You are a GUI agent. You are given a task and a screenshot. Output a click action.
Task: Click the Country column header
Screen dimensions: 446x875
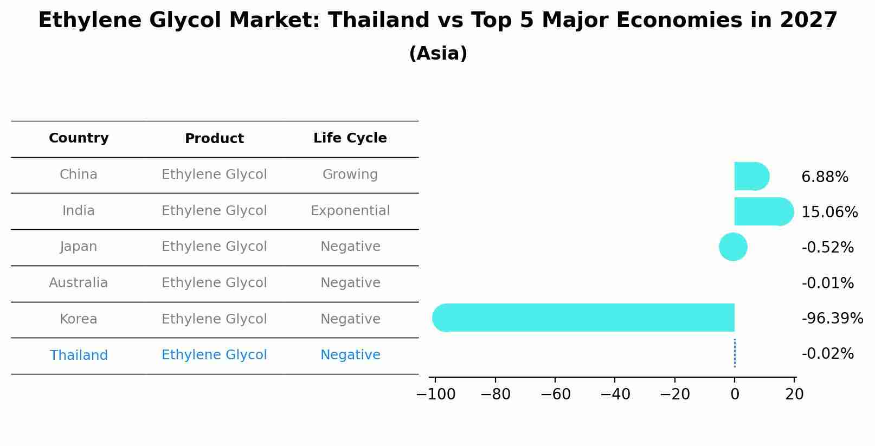coord(79,138)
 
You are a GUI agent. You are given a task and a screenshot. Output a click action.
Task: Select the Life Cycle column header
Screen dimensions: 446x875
coord(350,138)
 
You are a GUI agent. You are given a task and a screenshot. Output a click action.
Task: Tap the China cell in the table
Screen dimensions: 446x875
coord(79,174)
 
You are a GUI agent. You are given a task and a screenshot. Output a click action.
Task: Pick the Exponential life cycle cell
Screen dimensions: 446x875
coord(350,211)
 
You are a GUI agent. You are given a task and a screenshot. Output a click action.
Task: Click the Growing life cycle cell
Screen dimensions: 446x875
coord(350,174)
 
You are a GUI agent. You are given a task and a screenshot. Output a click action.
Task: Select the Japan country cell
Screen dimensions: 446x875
coord(79,247)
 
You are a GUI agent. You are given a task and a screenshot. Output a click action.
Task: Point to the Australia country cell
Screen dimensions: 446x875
coord(79,283)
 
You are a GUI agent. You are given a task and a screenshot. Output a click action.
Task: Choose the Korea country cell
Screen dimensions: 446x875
coord(79,319)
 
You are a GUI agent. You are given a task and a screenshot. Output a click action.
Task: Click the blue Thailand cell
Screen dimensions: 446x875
coord(79,355)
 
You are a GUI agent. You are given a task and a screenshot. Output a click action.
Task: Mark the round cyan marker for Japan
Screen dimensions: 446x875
coord(733,247)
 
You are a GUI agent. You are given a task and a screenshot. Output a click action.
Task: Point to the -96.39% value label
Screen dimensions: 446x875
coord(832,319)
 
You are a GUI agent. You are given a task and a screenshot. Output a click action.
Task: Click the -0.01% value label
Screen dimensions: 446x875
coord(827,283)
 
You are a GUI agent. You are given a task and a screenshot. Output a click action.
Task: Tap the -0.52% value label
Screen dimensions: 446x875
coord(827,248)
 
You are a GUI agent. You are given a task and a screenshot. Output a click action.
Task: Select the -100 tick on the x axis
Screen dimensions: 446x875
coord(435,395)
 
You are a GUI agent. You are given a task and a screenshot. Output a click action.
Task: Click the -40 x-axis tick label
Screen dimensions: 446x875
coord(615,395)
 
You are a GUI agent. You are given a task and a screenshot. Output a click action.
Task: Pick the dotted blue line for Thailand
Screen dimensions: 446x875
coord(735,353)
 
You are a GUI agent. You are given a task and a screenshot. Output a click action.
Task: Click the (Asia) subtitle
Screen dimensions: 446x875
coord(438,54)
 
